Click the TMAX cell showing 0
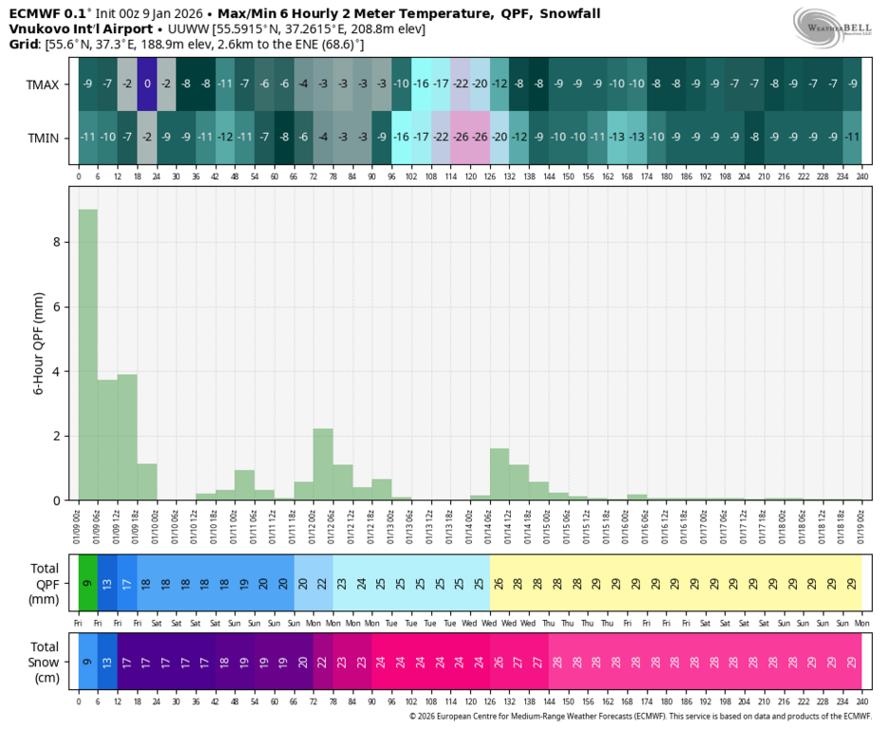tap(147, 84)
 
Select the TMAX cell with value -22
tap(460, 84)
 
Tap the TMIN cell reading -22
tap(441, 137)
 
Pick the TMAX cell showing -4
tap(304, 84)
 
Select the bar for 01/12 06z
tap(323, 464)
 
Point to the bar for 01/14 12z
tap(500, 474)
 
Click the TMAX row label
tap(43, 84)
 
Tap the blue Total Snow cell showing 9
tap(87, 662)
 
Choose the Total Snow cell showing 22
tap(323, 662)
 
